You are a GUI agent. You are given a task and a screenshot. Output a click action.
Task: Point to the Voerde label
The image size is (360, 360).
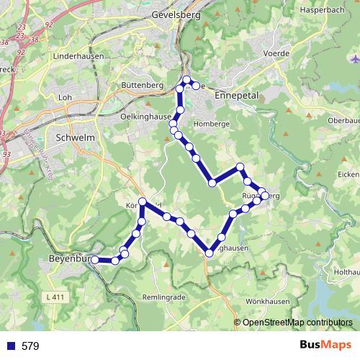coord(276,53)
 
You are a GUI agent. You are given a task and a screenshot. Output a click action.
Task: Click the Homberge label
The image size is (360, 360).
coord(206,122)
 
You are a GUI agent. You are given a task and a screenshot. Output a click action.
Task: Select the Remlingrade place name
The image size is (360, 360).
coord(166,297)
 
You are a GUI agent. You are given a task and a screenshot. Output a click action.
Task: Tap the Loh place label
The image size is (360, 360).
coord(65,97)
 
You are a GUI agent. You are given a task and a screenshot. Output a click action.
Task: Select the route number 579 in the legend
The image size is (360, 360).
coord(30,346)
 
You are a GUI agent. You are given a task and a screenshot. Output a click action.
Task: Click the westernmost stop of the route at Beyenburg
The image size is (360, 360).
coord(95,260)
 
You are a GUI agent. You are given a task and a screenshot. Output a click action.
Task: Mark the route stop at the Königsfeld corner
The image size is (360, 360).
coord(143,202)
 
